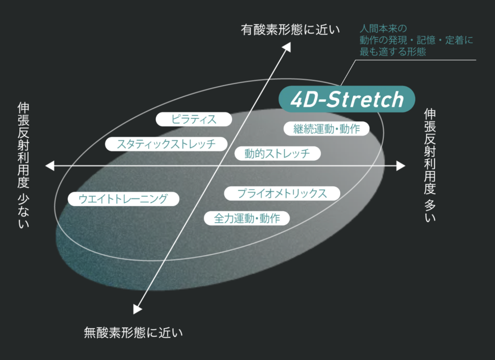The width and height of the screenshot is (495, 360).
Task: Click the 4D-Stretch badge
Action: pos(347,99)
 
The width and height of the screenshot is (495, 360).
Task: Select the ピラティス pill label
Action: pos(194,119)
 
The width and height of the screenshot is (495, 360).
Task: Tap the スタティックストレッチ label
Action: pos(166,144)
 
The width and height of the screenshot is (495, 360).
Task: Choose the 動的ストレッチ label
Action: pos(277,153)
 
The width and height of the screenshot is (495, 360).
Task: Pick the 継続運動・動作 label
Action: pos(326,129)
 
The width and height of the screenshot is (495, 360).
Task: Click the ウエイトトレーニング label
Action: pos(123,199)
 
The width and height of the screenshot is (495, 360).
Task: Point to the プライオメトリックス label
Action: pos(282,194)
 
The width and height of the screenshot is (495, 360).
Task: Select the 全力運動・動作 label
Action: pos(247,218)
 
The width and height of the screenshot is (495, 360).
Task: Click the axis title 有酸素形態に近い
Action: pos(291,30)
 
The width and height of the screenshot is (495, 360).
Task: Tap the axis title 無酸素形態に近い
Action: pos(133,333)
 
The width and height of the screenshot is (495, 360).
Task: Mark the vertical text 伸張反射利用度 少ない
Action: pos(23,165)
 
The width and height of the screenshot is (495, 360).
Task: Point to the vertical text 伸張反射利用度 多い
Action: pos(430,165)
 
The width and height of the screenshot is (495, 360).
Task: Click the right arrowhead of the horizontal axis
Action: pos(401,165)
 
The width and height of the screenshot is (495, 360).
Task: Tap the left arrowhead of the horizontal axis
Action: pos(50,165)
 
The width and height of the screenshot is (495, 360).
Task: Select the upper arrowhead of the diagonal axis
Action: pos(287,47)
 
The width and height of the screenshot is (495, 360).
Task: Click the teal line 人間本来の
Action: pos(383,29)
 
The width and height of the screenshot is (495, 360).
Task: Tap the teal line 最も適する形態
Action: pos(393,51)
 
